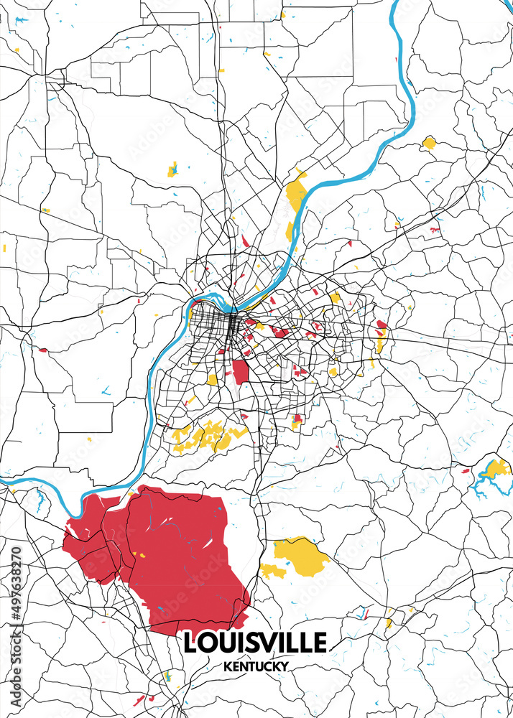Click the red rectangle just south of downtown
pyautogui.click(x=240, y=371)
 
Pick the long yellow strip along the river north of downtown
pyautogui.click(x=295, y=195)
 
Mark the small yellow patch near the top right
pyautogui.click(x=429, y=142)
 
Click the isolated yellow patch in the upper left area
pyautogui.click(x=172, y=170)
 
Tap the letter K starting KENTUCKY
pyautogui.click(x=226, y=666)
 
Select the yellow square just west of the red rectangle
pyautogui.click(x=212, y=378)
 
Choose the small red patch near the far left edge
pyautogui.click(x=43, y=350)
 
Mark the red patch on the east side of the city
pyautogui.click(x=382, y=325)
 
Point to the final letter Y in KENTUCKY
pyautogui.click(x=285, y=666)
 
